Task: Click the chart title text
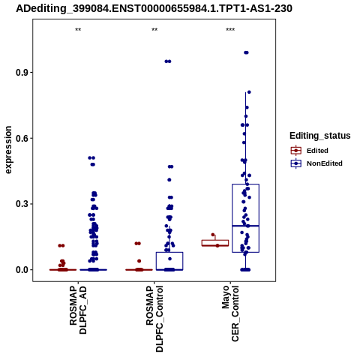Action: coord(154,9)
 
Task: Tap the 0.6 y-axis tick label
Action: coord(21,138)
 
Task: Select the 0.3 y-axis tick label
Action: coord(21,204)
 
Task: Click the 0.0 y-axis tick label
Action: coord(21,270)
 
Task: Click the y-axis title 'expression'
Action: coord(8,150)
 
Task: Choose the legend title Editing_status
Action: coord(320,136)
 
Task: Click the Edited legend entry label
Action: coord(317,151)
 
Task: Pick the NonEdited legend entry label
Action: coord(325,163)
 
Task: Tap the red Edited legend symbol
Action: coord(296,151)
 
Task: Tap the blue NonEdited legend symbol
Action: coord(296,163)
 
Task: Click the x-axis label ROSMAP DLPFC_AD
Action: coord(78,310)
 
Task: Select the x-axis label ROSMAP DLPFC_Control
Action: coord(154,319)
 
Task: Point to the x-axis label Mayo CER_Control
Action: coord(230,313)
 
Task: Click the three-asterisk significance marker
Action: coord(230,30)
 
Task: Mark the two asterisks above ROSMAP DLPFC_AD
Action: coord(78,30)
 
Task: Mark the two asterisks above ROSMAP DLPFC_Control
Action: coord(154,30)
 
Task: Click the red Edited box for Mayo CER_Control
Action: coord(215,243)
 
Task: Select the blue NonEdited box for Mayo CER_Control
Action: coord(245,218)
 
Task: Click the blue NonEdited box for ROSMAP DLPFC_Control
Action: coord(169,261)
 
